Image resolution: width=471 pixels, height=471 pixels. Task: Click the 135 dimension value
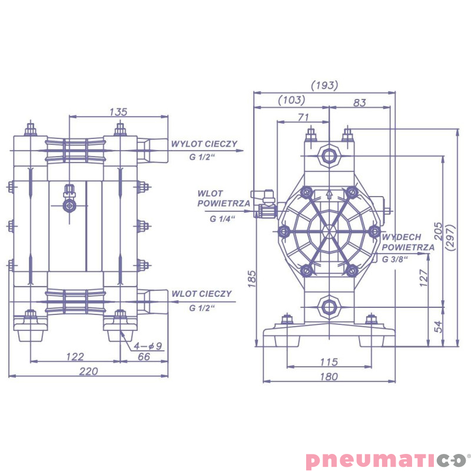tap(118, 111)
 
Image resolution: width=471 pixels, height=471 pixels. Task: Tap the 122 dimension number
tap(75, 356)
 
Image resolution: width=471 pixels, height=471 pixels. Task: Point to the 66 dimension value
tap(144, 356)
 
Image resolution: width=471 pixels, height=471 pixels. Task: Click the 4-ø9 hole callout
tap(148, 346)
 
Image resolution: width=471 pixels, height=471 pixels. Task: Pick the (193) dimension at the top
tap(324, 85)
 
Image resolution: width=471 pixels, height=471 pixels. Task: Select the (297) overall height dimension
tap(451, 238)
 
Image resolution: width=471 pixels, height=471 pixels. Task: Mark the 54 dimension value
tap(437, 326)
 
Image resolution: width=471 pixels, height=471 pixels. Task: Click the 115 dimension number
tap(329, 361)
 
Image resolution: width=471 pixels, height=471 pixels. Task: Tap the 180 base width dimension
tap(329, 376)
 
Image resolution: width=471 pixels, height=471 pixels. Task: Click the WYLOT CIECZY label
tap(204, 144)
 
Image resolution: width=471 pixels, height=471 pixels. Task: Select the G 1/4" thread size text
tap(223, 218)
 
